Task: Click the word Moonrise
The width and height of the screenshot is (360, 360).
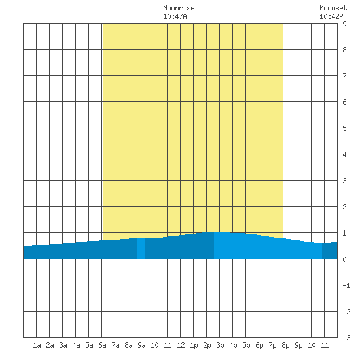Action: [179, 8]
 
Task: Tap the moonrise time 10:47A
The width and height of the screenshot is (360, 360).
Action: [175, 16]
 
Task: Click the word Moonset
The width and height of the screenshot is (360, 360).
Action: [333, 8]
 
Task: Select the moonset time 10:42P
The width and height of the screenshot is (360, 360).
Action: [331, 16]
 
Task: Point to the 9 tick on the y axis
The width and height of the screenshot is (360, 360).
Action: [344, 24]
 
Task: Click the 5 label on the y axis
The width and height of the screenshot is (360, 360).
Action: [344, 128]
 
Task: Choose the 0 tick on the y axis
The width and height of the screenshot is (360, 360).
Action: [344, 259]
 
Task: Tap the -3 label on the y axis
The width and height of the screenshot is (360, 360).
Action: [346, 338]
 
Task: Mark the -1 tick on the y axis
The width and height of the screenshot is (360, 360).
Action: [346, 285]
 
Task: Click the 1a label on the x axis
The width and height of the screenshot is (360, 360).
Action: [37, 345]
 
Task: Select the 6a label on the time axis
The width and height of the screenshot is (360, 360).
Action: [102, 345]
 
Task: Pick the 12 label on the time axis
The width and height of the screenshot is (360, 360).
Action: [181, 345]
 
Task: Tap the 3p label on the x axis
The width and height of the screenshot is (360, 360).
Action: [220, 345]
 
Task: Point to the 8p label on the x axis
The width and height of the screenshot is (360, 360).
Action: [285, 345]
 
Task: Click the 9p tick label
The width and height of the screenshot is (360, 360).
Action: [298, 345]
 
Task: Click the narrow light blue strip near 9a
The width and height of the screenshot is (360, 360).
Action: [141, 249]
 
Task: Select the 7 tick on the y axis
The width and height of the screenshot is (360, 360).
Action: [344, 76]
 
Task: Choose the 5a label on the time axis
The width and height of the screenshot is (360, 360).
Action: [89, 345]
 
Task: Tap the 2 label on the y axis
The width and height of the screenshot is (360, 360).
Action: [344, 207]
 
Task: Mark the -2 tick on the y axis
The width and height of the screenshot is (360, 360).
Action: [346, 312]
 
